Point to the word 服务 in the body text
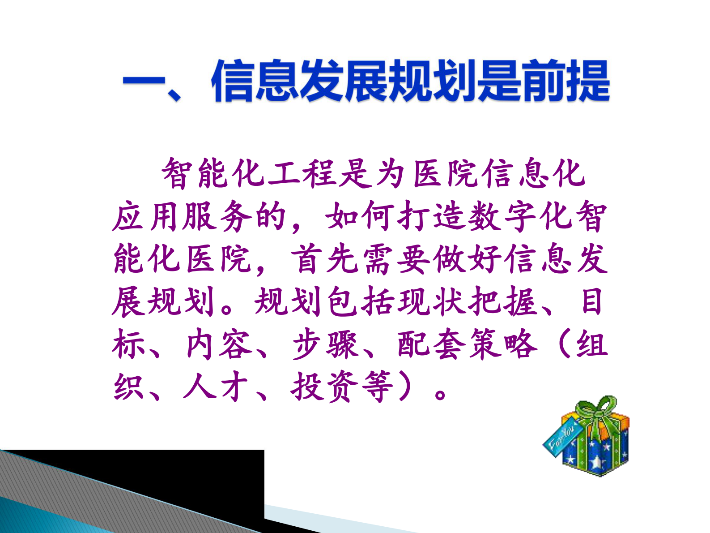(217, 216)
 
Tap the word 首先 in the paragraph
(326, 259)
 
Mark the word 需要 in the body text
(397, 259)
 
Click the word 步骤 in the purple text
(326, 344)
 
